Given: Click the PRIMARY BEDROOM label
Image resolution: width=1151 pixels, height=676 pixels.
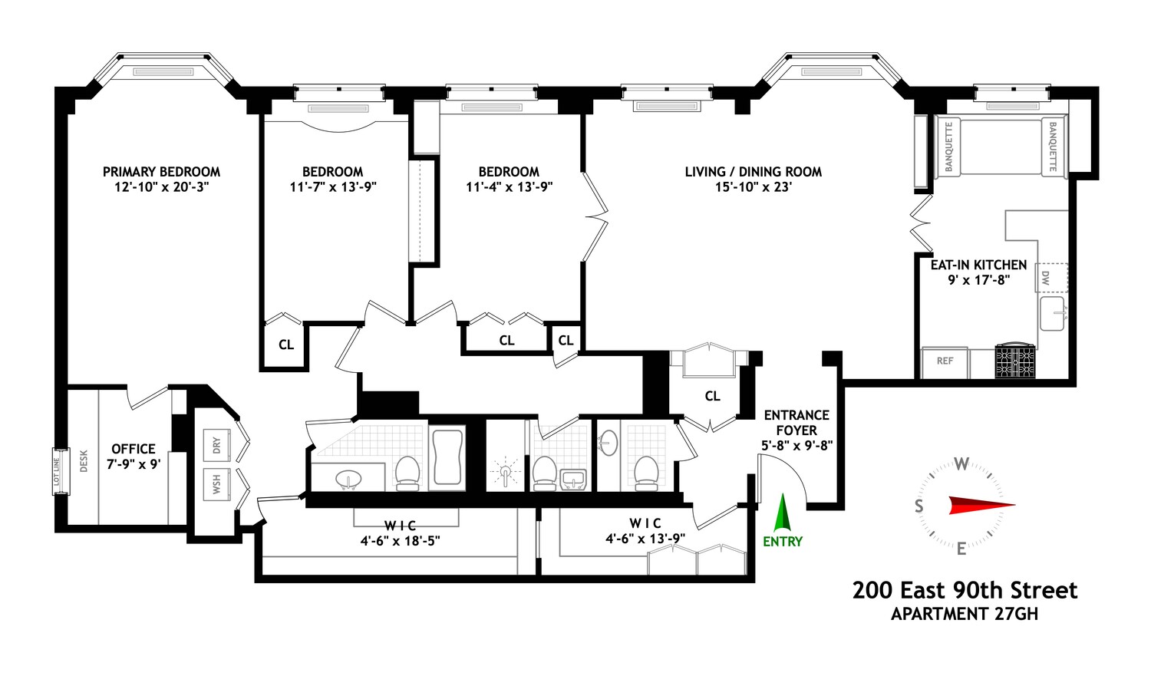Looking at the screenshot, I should (x=161, y=172).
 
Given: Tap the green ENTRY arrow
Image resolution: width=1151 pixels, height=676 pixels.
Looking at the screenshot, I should (x=782, y=513).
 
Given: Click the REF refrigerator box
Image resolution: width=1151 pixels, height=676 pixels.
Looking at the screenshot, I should (x=945, y=361).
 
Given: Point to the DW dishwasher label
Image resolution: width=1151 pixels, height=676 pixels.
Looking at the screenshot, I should (x=1045, y=277).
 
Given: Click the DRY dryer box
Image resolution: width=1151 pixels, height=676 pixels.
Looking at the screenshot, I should (x=217, y=445).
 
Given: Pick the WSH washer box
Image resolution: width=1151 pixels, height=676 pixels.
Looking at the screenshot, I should (x=217, y=484).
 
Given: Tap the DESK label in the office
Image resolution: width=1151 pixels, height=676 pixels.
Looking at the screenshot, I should (x=84, y=460).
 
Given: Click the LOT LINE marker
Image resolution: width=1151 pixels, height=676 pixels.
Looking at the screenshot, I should (x=57, y=471).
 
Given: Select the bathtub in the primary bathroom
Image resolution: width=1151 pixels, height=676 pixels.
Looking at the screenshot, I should (x=448, y=457).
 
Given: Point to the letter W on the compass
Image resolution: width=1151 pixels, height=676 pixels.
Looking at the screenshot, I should (x=961, y=463).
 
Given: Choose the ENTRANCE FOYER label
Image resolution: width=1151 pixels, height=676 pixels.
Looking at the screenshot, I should (x=796, y=423).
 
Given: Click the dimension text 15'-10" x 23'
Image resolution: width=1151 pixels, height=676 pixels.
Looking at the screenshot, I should (x=753, y=187).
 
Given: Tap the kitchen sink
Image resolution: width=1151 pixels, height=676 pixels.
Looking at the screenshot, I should (x=1052, y=314).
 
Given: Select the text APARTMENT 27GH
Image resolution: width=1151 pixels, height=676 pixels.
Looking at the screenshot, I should (x=964, y=614).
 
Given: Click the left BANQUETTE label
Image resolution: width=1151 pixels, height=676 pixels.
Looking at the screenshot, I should (x=949, y=147).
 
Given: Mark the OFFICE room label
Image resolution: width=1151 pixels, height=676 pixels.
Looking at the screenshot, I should (x=134, y=449).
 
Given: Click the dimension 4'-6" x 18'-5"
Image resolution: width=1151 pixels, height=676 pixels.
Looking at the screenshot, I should (x=400, y=540).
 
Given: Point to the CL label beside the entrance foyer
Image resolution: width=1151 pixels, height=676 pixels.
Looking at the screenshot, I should (x=712, y=396).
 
